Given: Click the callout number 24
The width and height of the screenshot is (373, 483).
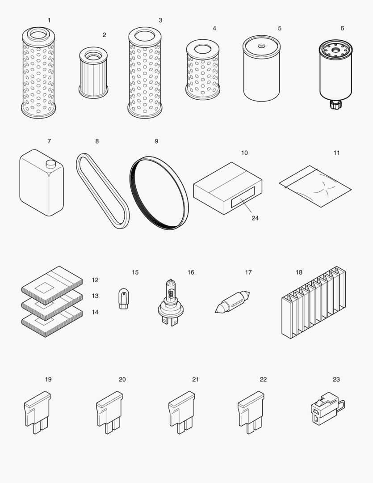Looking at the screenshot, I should (x=255, y=218).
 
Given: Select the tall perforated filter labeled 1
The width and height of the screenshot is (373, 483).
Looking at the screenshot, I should (x=38, y=74).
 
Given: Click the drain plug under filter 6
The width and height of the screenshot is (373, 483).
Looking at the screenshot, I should (x=335, y=106).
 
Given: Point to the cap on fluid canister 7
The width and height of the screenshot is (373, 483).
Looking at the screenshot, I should (x=50, y=164).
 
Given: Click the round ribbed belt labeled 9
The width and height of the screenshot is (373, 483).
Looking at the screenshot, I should (x=159, y=193).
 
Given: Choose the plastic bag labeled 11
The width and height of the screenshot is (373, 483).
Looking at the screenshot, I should (x=315, y=186).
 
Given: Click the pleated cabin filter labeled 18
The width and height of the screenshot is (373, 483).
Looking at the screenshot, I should (x=314, y=303).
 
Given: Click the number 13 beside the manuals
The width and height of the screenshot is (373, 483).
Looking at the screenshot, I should (x=95, y=296).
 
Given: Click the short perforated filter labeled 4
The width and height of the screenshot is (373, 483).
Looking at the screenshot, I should (x=203, y=70).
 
